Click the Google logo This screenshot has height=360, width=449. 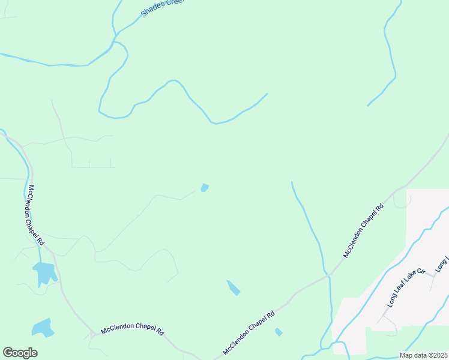[x=20, y=353]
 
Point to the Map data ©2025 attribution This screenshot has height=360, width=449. [x=423, y=355]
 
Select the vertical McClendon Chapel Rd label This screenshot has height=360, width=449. [x=35, y=214]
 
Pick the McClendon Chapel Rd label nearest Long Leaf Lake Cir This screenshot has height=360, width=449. [x=363, y=231]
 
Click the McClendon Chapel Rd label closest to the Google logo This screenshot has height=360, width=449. [x=132, y=331]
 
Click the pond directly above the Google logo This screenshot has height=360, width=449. [x=42, y=328]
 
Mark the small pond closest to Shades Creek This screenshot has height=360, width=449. [x=205, y=188]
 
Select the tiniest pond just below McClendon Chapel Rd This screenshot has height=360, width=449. [x=279, y=332]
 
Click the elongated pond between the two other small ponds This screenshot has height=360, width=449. [x=233, y=288]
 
